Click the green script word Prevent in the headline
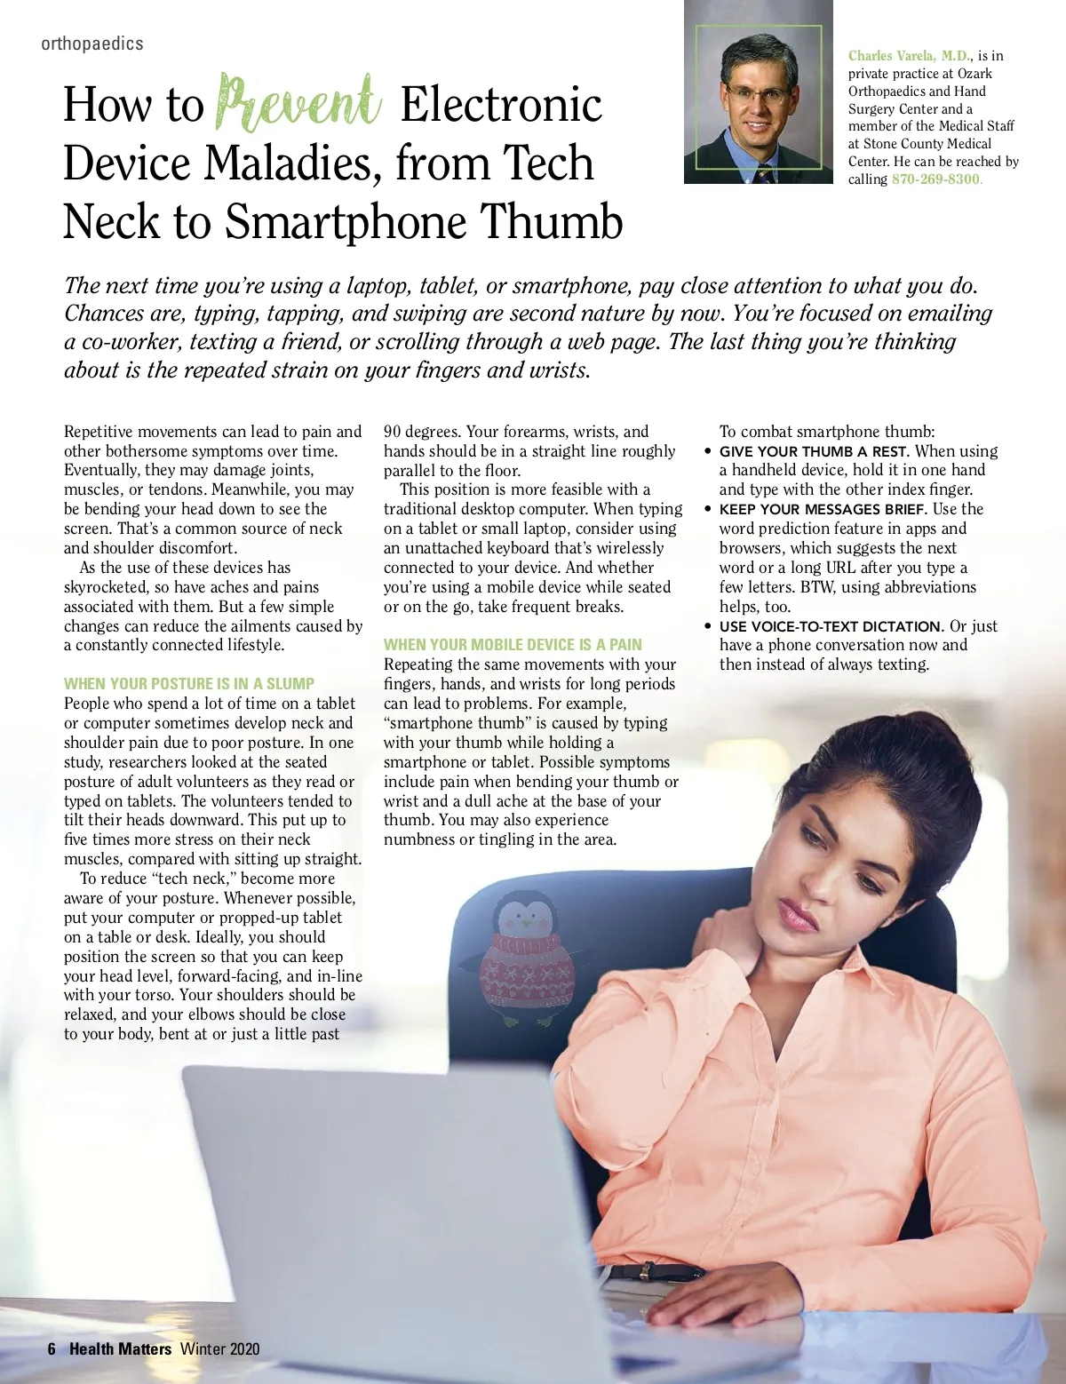(299, 105)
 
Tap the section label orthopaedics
(91, 44)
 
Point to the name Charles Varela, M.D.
(909, 56)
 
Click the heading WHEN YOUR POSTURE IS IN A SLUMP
(188, 684)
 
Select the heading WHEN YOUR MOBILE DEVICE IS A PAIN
(513, 645)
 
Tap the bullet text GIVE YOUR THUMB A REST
(813, 451)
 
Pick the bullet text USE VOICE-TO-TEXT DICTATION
(831, 626)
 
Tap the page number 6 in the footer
(52, 1348)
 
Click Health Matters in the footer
(120, 1348)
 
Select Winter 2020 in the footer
(219, 1348)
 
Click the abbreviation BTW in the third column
(815, 587)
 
